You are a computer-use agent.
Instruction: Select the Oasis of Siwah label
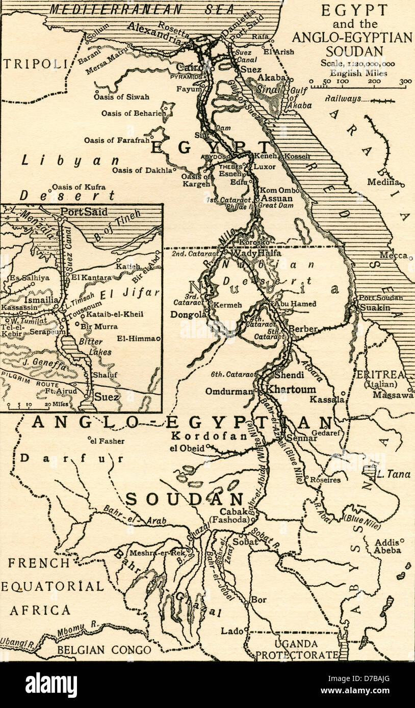(121, 97)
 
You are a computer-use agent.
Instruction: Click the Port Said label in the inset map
(84, 212)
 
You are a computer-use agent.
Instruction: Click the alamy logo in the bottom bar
(51, 685)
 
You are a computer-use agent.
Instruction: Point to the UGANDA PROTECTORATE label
(297, 649)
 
